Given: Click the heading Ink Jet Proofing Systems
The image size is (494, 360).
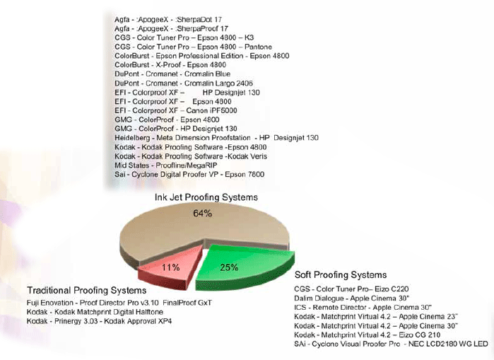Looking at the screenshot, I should pyautogui.click(x=206, y=197).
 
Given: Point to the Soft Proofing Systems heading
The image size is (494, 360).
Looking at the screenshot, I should pyautogui.click(x=340, y=274).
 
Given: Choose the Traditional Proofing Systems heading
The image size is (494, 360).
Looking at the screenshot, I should pyautogui.click(x=86, y=291).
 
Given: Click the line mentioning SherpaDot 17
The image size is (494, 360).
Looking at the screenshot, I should pyautogui.click(x=171, y=17).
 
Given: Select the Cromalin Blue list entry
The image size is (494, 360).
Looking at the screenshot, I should pyautogui.click(x=172, y=73).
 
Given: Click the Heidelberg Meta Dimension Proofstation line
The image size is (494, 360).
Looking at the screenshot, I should pyautogui.click(x=216, y=137).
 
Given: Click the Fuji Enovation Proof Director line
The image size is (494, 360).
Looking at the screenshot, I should pyautogui.click(x=119, y=303).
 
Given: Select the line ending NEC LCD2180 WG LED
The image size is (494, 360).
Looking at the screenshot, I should pyautogui.click(x=391, y=344).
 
